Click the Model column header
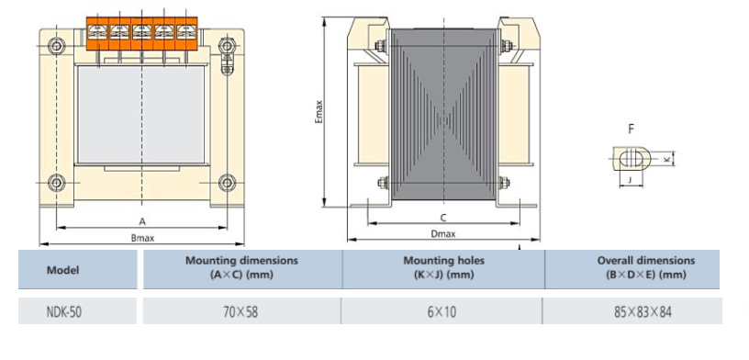[x=62, y=270]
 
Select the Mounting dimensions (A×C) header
[x=241, y=267]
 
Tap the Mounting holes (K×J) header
[x=443, y=267]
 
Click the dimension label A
[x=141, y=221]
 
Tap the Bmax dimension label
[x=141, y=238]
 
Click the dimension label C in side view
[x=442, y=218]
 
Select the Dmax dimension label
[x=442, y=234]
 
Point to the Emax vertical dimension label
[x=319, y=113]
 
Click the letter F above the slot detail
[x=631, y=129]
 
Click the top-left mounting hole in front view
[x=57, y=45]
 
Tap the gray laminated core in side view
[x=442, y=119]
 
